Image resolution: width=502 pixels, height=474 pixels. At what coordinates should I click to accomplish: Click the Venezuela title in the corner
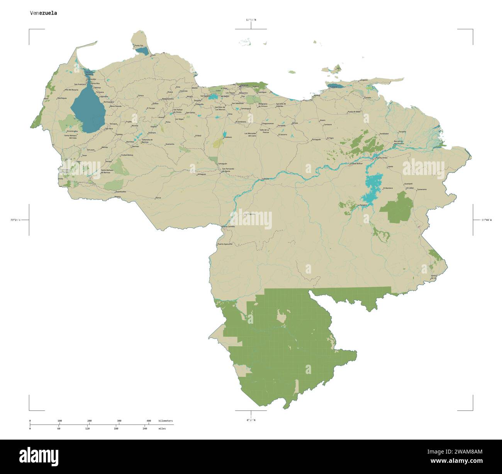(44, 13)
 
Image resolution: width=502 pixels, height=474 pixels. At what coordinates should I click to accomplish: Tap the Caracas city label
(244, 85)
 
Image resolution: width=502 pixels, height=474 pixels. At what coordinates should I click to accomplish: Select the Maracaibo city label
(92, 79)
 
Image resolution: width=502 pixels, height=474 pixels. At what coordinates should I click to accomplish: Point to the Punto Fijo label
(139, 46)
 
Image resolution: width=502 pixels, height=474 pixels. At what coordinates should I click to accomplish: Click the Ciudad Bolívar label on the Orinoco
(356, 164)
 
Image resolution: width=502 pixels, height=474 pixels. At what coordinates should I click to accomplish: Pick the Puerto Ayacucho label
(225, 244)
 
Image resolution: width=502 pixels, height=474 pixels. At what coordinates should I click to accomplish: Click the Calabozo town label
(227, 137)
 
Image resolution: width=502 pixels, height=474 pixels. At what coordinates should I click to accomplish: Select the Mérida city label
(104, 148)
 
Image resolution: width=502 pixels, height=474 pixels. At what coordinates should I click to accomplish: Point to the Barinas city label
(136, 146)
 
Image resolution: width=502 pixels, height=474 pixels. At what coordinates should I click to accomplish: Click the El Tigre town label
(330, 138)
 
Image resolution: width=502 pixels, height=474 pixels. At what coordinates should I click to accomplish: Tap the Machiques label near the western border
(62, 98)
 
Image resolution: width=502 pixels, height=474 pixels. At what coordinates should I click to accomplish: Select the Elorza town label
(158, 197)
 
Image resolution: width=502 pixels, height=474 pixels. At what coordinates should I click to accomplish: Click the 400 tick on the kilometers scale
(149, 420)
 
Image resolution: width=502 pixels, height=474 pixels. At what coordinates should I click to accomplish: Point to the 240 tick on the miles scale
(145, 428)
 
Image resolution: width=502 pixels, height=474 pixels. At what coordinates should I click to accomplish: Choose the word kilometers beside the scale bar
(165, 420)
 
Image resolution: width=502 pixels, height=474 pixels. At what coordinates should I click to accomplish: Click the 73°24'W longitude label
(15, 220)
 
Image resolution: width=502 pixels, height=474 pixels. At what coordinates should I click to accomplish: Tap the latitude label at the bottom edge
(251, 420)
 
